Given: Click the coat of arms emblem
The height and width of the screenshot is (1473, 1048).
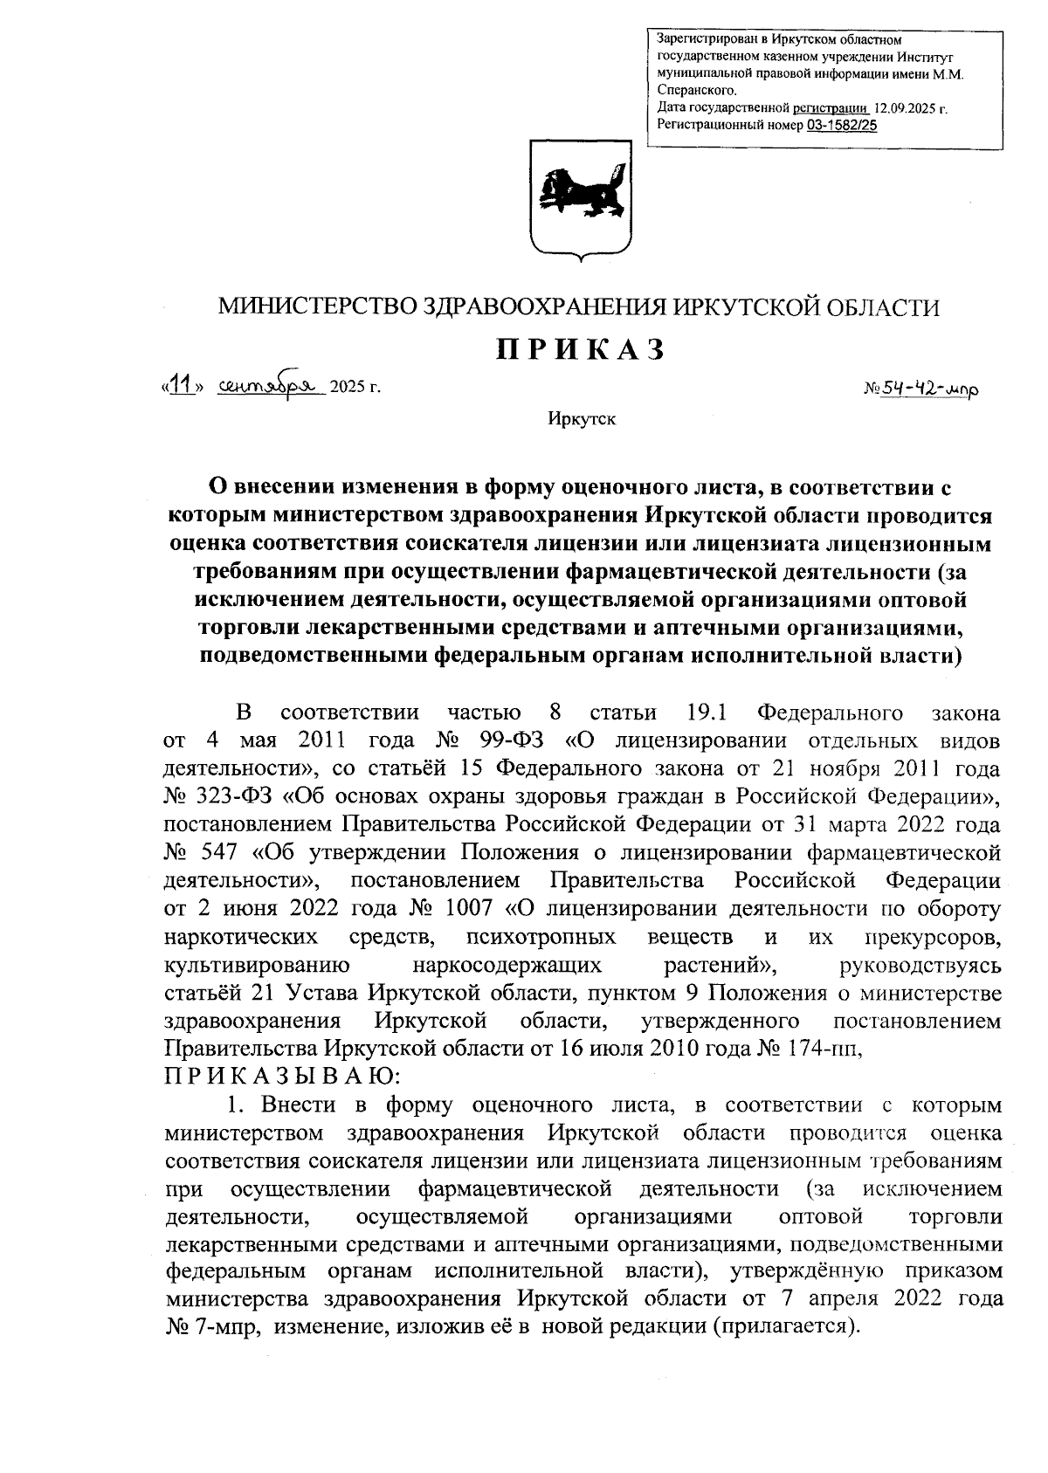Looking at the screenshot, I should [581, 199].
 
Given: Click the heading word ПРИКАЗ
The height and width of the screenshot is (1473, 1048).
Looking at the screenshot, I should [581, 349].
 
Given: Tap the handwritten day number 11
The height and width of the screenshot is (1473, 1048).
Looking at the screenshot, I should [182, 384].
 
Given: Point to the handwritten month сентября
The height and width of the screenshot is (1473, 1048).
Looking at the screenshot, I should [271, 384].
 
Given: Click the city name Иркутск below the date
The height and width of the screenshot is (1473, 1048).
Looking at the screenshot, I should [582, 419].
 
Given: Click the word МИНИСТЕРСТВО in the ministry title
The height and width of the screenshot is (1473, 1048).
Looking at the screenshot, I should [318, 307].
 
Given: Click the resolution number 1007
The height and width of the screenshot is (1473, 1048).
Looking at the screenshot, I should [473, 908].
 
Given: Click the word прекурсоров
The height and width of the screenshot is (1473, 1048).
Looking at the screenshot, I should [931, 936].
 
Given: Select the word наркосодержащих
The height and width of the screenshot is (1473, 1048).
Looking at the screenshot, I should [508, 965].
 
